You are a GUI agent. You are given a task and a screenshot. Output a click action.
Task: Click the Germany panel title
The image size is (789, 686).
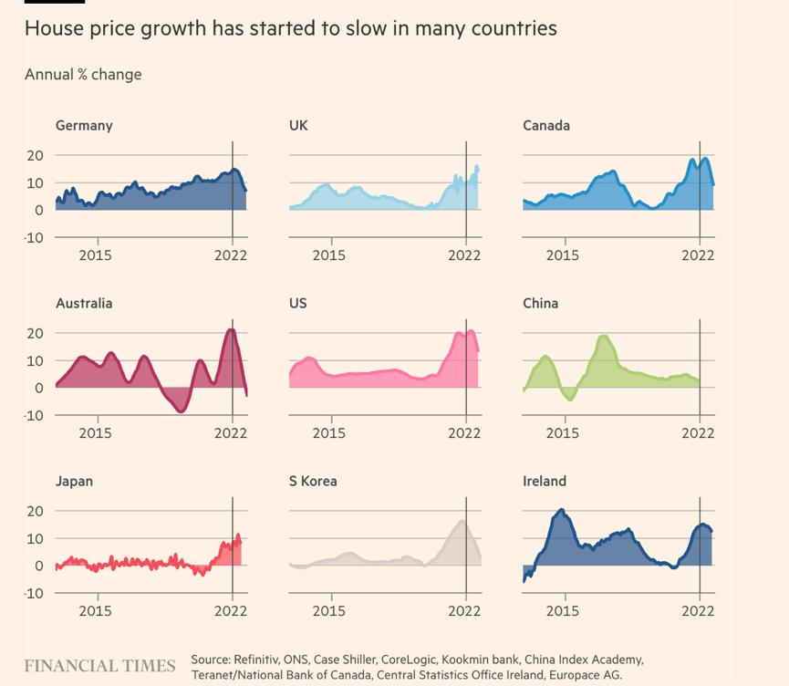click(x=84, y=126)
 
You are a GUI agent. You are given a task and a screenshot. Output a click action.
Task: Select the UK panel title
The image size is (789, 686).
click(x=298, y=126)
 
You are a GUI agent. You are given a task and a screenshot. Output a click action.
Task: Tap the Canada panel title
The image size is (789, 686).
click(x=546, y=126)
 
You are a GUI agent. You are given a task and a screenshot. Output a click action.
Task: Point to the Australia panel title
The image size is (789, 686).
click(x=84, y=304)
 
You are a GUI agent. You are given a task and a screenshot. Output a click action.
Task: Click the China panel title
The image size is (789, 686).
click(x=541, y=304)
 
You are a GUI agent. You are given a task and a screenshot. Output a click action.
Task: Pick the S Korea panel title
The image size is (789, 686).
click(x=313, y=482)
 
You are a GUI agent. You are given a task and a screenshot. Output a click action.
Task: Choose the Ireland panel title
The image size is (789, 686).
click(x=545, y=482)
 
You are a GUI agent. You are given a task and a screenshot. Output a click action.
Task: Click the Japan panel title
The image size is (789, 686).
click(x=74, y=482)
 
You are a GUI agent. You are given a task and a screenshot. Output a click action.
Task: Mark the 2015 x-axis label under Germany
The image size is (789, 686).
click(x=95, y=255)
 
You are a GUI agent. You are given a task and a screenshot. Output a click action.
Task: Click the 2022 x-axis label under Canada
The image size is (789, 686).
click(x=699, y=255)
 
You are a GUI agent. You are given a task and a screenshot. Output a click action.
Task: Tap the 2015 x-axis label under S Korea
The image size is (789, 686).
click(x=329, y=611)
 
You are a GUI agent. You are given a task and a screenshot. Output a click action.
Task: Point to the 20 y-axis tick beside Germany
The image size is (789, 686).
click(x=35, y=155)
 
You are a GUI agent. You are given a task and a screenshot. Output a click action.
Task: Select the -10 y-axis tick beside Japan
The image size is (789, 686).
click(x=33, y=593)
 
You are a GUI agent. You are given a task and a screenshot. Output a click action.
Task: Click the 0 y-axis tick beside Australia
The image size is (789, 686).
click(x=39, y=388)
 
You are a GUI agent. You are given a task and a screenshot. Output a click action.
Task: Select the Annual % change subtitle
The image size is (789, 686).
click(x=83, y=74)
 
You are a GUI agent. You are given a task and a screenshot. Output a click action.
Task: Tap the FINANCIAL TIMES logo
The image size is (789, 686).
click(x=99, y=666)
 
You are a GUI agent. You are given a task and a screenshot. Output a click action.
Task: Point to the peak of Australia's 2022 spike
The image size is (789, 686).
click(x=231, y=329)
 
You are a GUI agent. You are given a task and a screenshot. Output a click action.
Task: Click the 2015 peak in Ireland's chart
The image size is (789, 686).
click(x=561, y=510)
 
